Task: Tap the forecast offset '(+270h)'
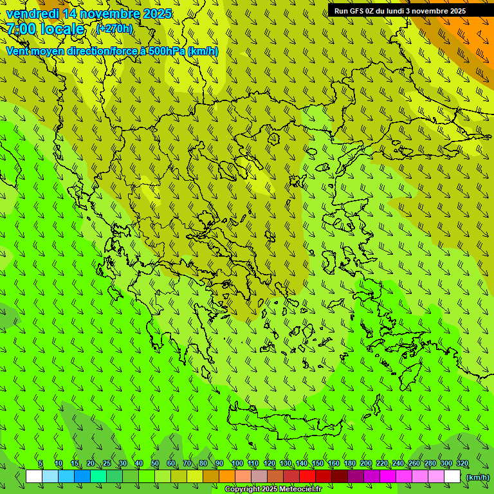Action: (x=114, y=29)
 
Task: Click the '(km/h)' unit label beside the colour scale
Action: (x=477, y=477)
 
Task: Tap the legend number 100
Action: (x=237, y=464)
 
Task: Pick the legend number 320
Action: (x=462, y=464)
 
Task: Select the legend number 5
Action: (x=41, y=464)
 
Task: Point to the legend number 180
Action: (x=349, y=464)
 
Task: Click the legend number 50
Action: (x=155, y=464)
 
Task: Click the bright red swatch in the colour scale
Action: (x=307, y=477)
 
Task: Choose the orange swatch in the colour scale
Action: (x=226, y=477)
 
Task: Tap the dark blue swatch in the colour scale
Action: (x=82, y=477)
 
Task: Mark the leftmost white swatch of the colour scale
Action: (x=34, y=477)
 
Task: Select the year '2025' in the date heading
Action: (x=157, y=14)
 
